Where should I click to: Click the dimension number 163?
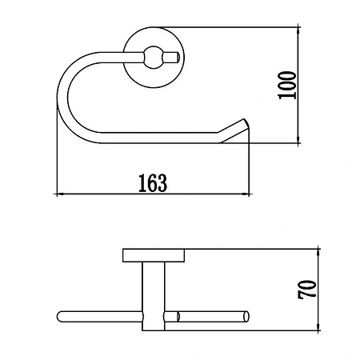(x=153, y=183)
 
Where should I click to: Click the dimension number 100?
(x=287, y=86)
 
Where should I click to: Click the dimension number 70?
(x=307, y=290)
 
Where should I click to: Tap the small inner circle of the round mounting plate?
(x=154, y=58)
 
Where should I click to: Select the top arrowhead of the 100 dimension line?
(x=298, y=30)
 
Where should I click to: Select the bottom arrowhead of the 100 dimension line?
(x=298, y=141)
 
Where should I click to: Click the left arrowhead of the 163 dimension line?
(x=60, y=194)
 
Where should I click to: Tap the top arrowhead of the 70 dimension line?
(x=318, y=252)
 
